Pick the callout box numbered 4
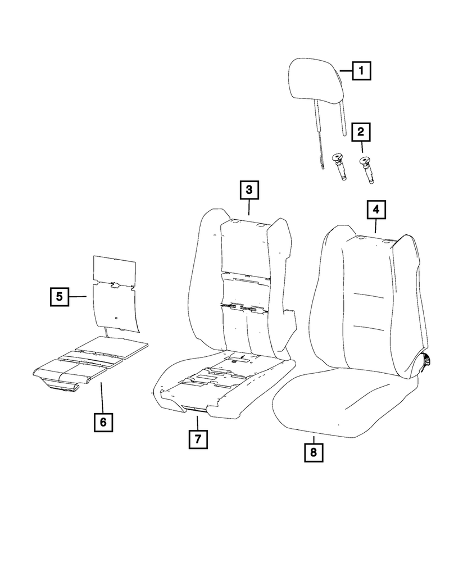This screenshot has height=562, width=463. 376,210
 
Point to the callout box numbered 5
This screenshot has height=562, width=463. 59,296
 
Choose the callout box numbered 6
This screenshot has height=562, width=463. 103,421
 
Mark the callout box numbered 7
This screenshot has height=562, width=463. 197,438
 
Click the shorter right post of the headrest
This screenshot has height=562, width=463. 343,119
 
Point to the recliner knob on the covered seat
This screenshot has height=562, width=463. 428,360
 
